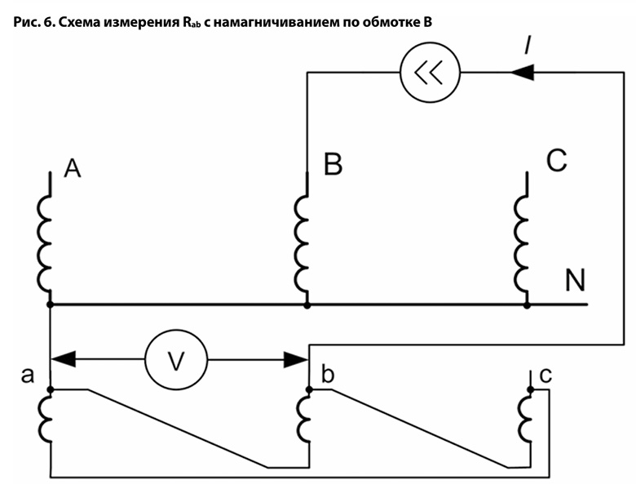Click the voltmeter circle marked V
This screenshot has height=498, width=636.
pos(176,358)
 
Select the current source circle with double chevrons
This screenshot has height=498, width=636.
pos(430,73)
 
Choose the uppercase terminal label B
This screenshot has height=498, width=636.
pos(333,165)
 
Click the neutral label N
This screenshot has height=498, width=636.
pos(575,280)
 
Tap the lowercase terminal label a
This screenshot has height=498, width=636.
pos(29,376)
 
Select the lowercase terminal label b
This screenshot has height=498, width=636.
pos(328,376)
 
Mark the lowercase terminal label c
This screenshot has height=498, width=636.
pos(545,376)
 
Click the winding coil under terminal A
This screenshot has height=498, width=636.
pos(45,242)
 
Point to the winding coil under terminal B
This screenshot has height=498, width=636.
pos(302,242)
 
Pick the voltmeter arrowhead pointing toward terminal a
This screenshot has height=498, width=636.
pos(64,358)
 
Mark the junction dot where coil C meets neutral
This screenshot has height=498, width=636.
pos(527,305)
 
